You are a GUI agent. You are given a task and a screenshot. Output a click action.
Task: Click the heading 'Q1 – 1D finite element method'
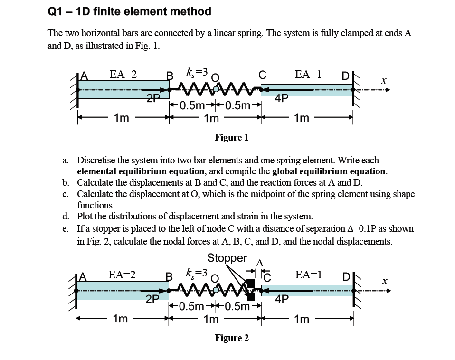[x=129, y=11]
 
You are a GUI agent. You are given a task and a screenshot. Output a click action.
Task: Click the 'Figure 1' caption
[x=231, y=137]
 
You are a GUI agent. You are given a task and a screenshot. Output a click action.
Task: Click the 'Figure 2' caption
[x=231, y=338]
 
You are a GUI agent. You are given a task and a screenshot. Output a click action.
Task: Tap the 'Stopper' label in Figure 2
[x=227, y=258]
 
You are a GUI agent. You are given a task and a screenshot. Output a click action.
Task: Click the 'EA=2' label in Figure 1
[x=123, y=74]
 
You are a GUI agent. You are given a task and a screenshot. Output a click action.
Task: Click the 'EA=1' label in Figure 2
[x=308, y=275]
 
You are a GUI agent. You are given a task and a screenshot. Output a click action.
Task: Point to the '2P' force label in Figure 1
[x=152, y=99]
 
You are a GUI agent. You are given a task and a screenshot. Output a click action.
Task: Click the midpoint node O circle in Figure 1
[x=217, y=89]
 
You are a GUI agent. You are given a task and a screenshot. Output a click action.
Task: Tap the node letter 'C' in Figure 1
[x=261, y=75]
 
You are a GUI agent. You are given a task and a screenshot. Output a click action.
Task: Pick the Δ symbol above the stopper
[x=259, y=263]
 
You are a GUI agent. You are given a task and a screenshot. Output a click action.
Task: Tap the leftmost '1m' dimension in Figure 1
[x=121, y=118]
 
